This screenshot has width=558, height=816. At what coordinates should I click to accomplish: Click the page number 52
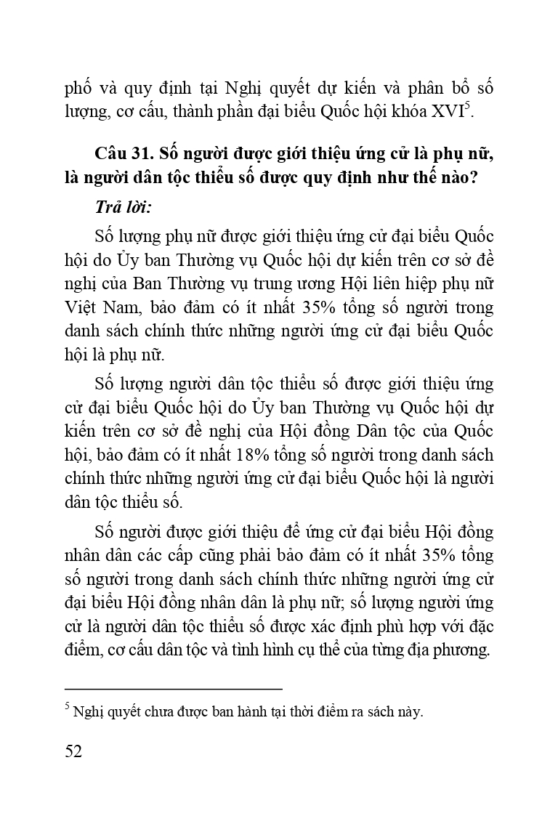[73, 751]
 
